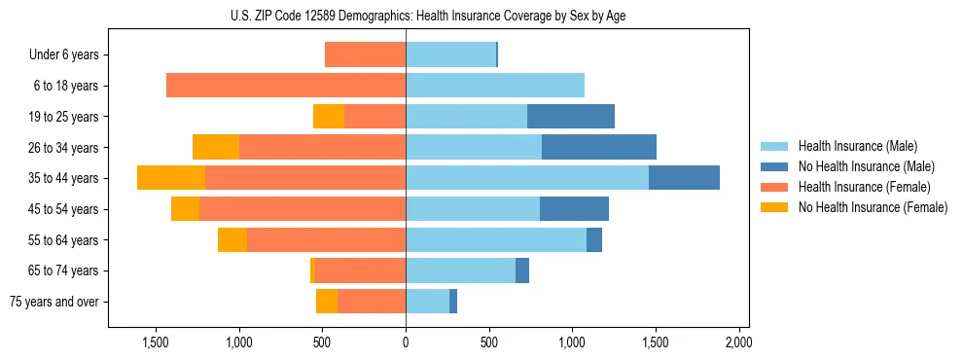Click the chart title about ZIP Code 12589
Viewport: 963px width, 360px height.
tap(428, 15)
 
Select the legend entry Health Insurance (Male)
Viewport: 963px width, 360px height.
tap(856, 146)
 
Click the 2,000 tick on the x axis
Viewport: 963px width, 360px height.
tap(738, 342)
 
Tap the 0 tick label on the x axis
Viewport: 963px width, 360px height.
tap(406, 342)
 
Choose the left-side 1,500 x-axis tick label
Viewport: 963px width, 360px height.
tap(157, 342)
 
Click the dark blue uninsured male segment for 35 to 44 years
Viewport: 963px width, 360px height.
tap(684, 178)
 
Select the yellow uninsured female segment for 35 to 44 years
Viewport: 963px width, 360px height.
tap(171, 178)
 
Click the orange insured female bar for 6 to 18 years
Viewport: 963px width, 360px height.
tap(286, 86)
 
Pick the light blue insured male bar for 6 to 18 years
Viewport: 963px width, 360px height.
tap(495, 86)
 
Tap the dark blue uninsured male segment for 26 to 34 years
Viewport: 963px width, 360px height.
tap(599, 147)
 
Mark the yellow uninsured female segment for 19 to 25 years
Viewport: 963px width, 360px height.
tap(329, 117)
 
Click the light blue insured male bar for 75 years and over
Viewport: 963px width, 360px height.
tap(427, 302)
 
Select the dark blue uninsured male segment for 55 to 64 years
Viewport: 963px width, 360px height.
tap(594, 239)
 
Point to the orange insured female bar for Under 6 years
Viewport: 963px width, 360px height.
tap(365, 55)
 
